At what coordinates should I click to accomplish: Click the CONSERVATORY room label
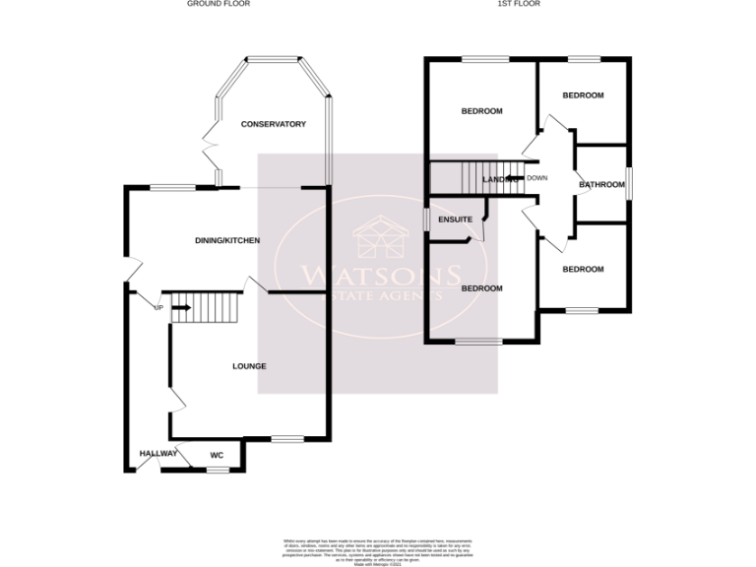click(x=274, y=124)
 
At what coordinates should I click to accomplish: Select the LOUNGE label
click(x=249, y=366)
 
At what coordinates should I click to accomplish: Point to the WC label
click(x=217, y=455)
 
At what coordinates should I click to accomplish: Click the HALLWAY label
click(x=157, y=454)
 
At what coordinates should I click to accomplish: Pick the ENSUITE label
click(x=456, y=219)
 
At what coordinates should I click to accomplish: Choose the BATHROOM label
click(x=601, y=184)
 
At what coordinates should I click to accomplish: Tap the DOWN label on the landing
click(x=536, y=178)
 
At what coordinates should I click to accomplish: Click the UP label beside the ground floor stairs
click(x=157, y=308)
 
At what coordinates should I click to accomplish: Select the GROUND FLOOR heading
click(x=219, y=4)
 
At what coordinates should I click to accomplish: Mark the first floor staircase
click(x=463, y=178)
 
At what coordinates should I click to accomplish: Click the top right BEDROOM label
click(x=583, y=94)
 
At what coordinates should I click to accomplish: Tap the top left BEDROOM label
click(x=482, y=111)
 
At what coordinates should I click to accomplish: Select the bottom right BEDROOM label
click(x=583, y=268)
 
